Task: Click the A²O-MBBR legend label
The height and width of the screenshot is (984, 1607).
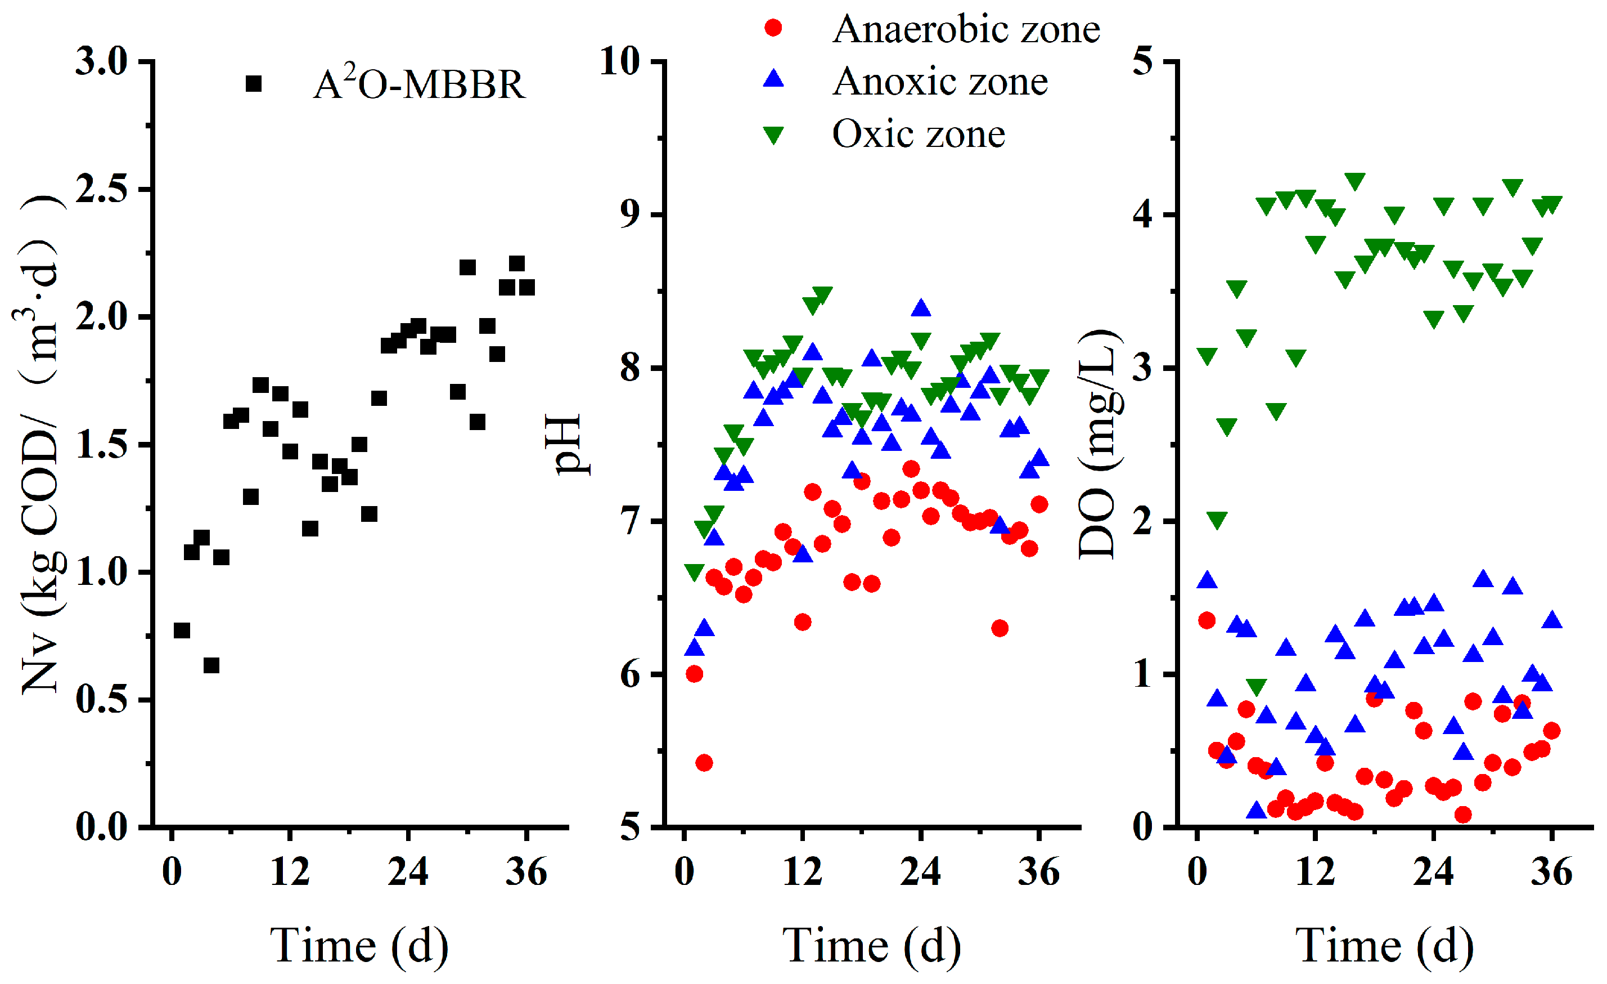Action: coord(418,85)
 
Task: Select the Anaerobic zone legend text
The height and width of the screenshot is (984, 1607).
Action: coord(966,29)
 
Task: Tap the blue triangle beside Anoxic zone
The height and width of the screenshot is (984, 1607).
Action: coord(773,79)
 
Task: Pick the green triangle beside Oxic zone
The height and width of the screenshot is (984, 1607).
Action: coord(773,135)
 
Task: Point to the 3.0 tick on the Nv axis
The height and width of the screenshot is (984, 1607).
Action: coord(102,62)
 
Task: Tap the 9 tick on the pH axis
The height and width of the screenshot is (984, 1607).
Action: coord(629,214)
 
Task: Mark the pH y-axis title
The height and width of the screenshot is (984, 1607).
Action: coord(565,444)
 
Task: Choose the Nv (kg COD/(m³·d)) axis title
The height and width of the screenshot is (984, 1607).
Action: coord(40,444)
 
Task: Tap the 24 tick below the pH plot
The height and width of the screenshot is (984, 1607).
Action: coord(920,872)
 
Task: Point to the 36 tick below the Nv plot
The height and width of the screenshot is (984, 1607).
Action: coord(526,872)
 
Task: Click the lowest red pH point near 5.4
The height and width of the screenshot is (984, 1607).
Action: coord(704,763)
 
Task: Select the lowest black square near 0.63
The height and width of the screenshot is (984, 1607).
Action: coord(211,665)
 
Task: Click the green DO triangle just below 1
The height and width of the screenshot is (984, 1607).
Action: coord(1256,686)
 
